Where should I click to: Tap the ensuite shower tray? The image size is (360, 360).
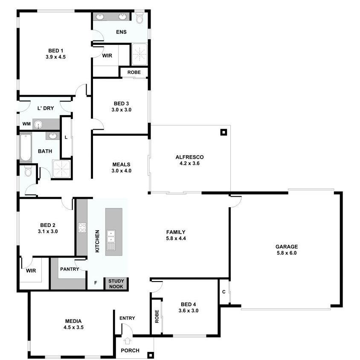coord(139,54)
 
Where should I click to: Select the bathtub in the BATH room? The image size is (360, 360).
coord(26,148)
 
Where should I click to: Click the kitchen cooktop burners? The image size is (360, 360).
coord(82,227)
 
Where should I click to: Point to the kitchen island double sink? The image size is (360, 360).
coord(111,236)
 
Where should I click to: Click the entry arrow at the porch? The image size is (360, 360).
coord(128,341)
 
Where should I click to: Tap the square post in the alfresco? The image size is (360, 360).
coord(224,132)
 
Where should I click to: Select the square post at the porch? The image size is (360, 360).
coord(151,355)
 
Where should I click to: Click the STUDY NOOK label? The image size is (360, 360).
coord(116,284)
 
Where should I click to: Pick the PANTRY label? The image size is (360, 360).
coord(70,269)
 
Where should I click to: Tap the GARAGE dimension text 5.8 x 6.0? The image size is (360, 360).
coord(287,253)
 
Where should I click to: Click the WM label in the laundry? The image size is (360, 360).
coord(26,124)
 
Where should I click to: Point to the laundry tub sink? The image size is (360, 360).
coord(38,125)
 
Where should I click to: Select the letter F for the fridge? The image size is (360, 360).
coord(96,283)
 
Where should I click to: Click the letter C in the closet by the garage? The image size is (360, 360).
coord(224,292)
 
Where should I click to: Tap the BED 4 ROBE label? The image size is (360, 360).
coord(157,316)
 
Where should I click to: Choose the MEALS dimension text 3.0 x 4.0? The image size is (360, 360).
coord(122,171)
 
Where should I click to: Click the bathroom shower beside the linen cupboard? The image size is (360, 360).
coord(61,169)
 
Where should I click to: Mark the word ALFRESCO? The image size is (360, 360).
coord(189,157)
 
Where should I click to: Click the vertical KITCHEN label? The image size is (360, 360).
coord(97,241)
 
